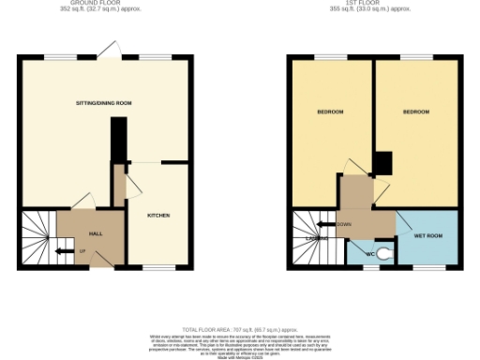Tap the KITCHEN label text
coord(157,216)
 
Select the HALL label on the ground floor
coord(95,233)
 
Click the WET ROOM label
coord(427,236)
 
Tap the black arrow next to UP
coord(64,251)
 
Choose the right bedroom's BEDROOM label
coord(416,112)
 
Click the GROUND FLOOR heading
coord(103,5)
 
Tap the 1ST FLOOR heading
coord(375,5)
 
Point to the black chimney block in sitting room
coord(117,141)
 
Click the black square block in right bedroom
coord(382,164)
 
